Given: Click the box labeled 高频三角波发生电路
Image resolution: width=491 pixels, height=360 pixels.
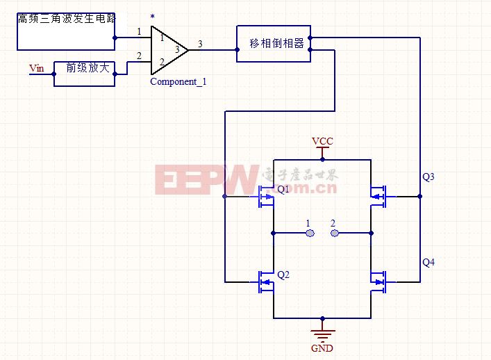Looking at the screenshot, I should coord(66,29).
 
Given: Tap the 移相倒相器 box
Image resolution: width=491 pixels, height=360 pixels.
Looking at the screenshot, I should coord(274,43).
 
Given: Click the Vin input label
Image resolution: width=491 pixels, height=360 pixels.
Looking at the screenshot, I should coord(36,67).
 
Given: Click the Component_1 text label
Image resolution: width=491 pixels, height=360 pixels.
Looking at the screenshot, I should coord(178,81).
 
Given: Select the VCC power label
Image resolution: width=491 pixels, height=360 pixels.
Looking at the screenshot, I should coord(322,141).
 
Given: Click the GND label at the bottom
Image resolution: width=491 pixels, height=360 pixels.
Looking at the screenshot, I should coord(322,347).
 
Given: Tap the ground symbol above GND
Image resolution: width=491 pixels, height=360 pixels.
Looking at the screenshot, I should coord(322,332).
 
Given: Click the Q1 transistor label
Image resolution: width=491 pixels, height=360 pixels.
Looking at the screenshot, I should coord(283,189).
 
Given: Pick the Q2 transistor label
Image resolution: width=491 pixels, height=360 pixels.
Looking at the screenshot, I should coord(283,275).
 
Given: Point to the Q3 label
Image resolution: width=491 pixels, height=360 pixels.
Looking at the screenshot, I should coord(428,177).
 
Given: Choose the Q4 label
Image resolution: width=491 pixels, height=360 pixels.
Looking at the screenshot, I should coord(428,262).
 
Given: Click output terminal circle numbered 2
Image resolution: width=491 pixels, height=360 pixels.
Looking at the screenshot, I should coord(335,233).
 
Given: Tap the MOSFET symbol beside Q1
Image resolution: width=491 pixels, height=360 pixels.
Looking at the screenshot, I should coord(266,197).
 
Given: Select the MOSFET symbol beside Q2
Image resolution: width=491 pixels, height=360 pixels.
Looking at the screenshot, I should coord(266,281).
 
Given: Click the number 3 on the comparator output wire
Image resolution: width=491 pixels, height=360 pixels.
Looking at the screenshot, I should coord(200,44).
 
